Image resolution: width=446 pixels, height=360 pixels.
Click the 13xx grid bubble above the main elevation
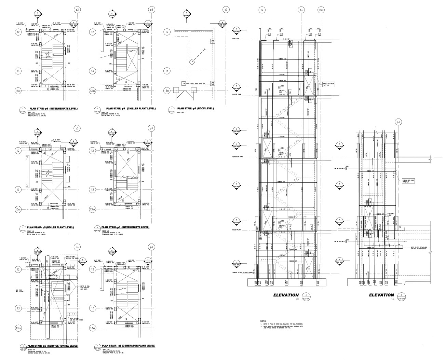(x=321, y=10)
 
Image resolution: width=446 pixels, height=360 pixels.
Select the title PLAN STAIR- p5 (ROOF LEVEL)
(x=197, y=109)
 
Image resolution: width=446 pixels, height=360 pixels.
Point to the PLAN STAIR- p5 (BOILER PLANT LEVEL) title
(x=52, y=227)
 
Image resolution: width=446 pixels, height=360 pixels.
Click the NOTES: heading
(x=263, y=321)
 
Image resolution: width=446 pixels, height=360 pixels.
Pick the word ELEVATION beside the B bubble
(x=381, y=295)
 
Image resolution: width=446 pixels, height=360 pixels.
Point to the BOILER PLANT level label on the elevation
(x=237, y=230)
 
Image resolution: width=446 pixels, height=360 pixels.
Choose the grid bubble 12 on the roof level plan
(x=167, y=32)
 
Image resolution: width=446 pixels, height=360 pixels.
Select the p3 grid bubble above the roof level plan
(x=225, y=10)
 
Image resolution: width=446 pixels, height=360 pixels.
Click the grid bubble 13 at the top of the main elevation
(x=301, y=10)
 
